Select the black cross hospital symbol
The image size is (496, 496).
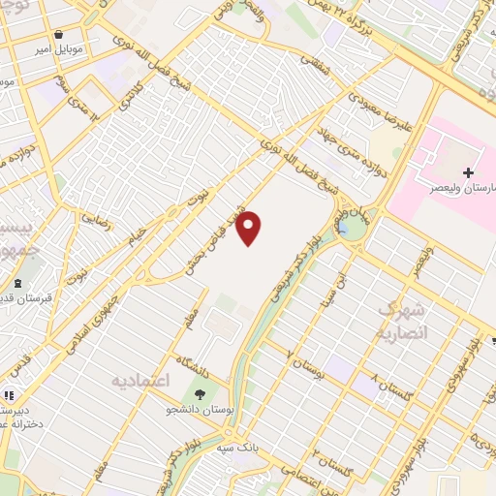(x=468, y=173)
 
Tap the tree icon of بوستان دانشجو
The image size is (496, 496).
(x=201, y=394)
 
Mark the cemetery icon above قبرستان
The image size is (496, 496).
(x=18, y=284)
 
